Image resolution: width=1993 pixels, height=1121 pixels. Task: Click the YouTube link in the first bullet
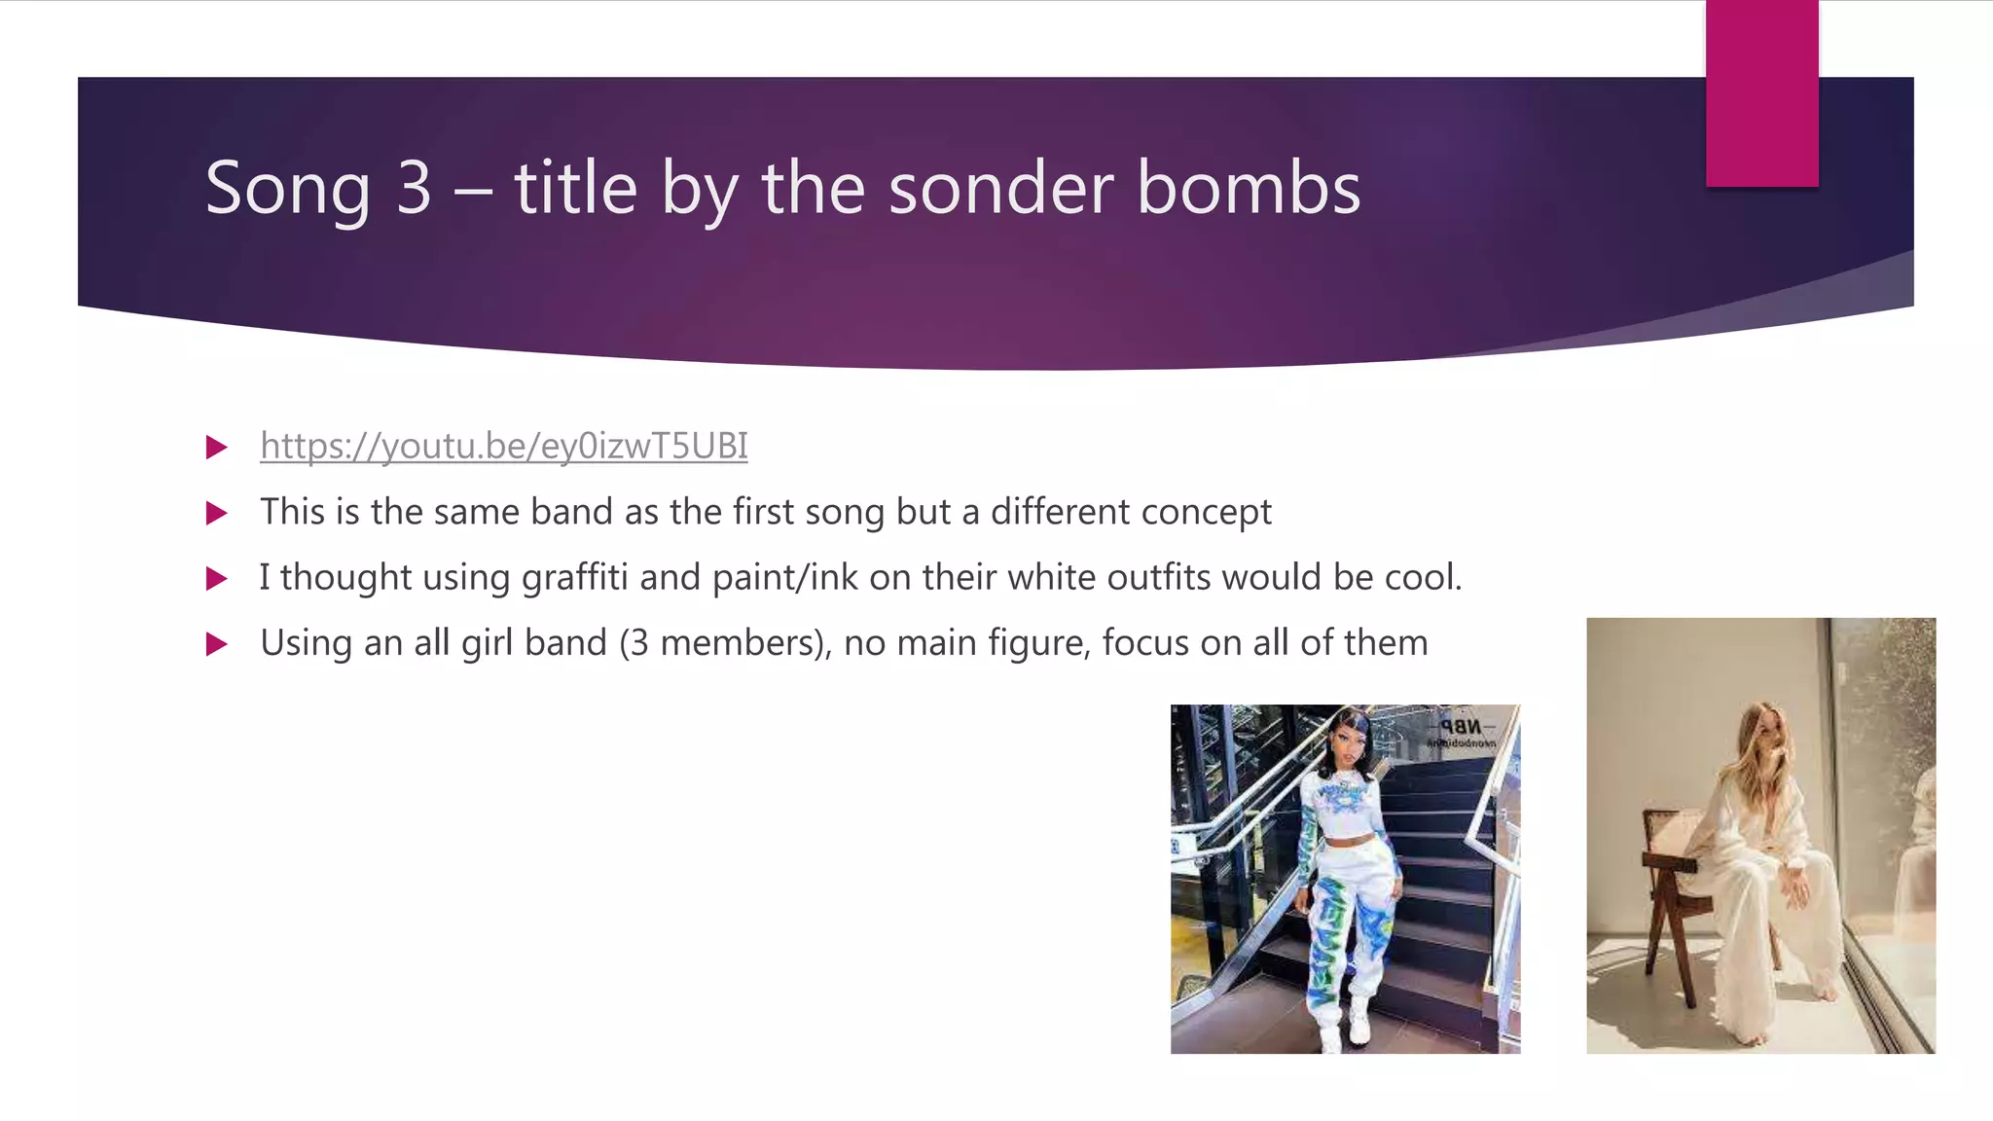coord(503,447)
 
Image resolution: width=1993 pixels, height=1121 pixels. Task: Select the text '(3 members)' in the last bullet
coord(725,643)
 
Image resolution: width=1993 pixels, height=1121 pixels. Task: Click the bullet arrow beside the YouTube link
coord(217,448)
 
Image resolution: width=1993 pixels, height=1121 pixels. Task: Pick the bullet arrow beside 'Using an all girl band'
coord(217,644)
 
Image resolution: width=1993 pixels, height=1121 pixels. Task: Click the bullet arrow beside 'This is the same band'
coord(217,513)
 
